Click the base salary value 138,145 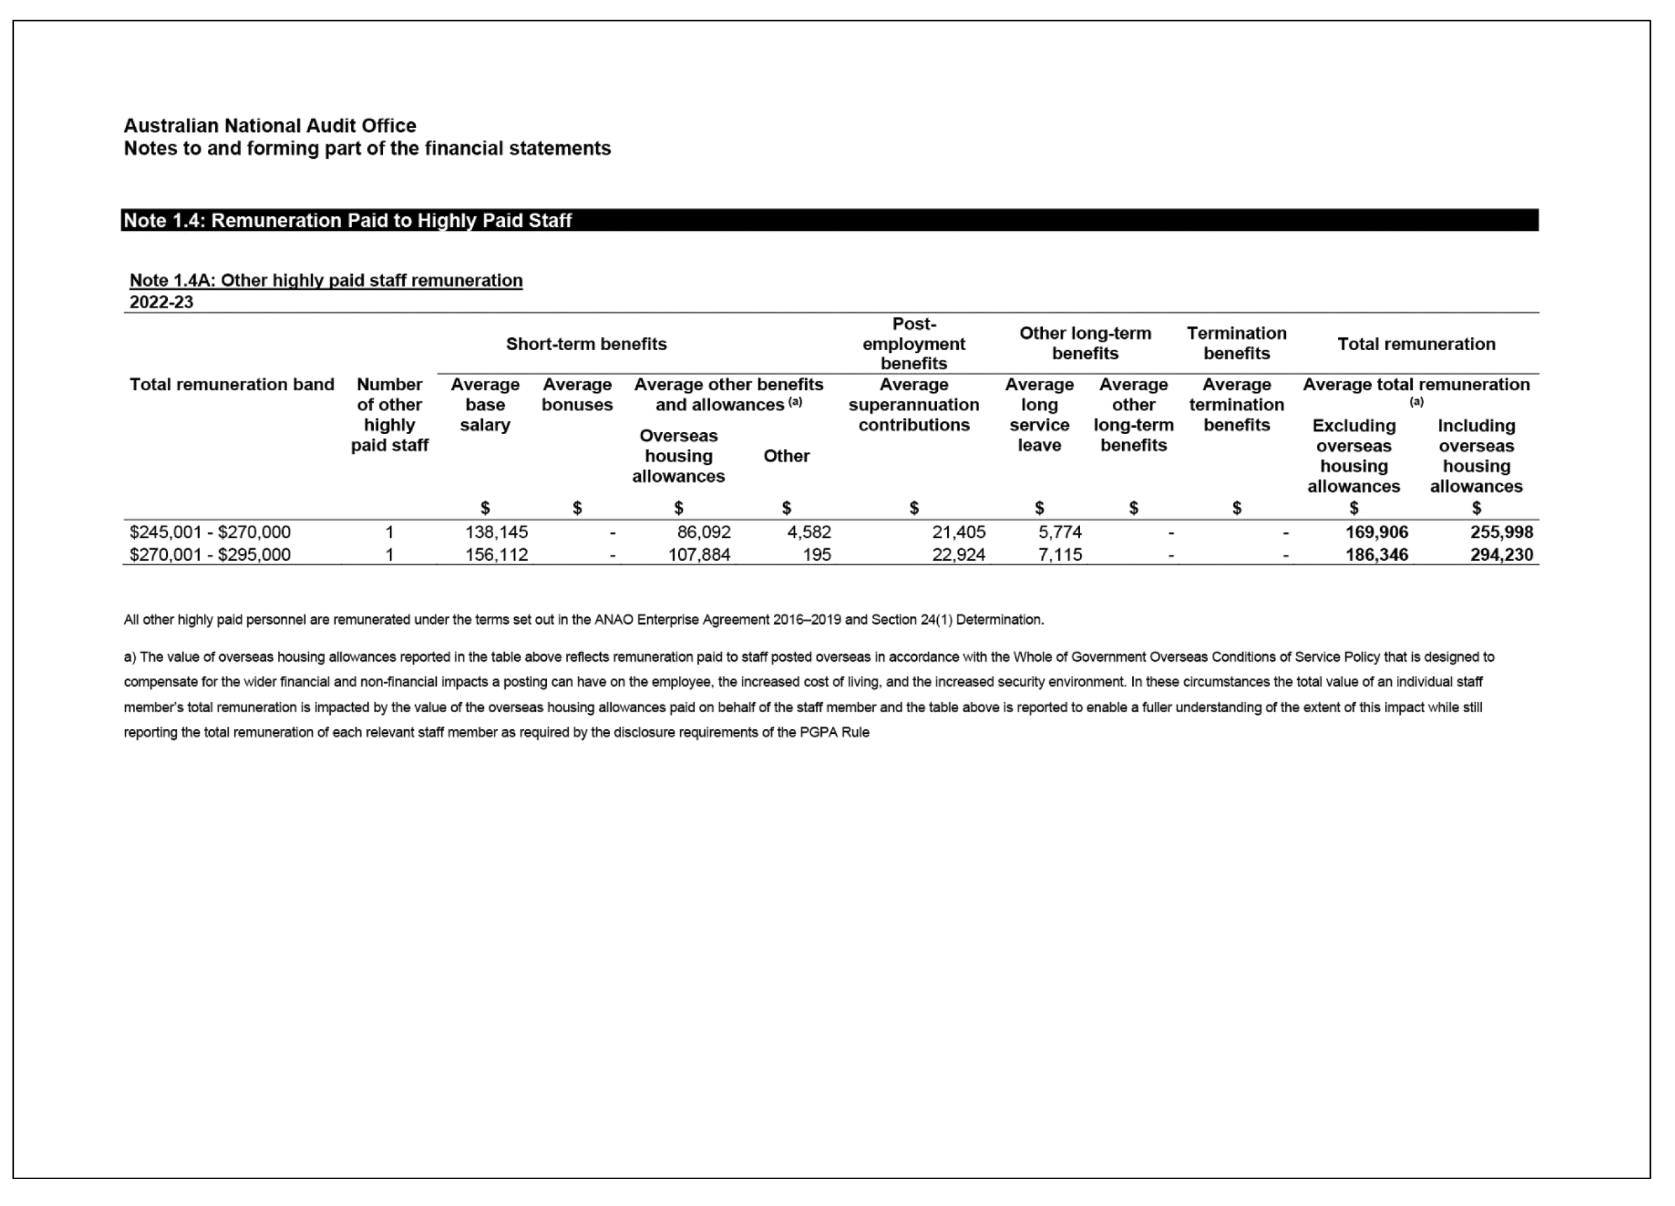click(496, 532)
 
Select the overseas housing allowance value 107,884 click(698, 555)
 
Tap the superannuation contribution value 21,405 click(958, 532)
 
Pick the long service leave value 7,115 click(1060, 555)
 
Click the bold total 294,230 click(1501, 555)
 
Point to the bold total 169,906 click(1376, 532)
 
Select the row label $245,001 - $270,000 click(210, 532)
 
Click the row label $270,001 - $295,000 click(210, 555)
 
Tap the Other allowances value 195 click(817, 555)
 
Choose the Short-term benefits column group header click(586, 344)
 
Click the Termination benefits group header click(1236, 344)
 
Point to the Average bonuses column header click(576, 394)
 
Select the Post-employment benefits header click(914, 344)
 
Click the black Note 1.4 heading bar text click(347, 220)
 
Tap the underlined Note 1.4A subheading click(326, 281)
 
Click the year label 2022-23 click(161, 302)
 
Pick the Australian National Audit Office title click(270, 125)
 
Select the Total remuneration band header click(232, 385)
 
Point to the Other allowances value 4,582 click(809, 532)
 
